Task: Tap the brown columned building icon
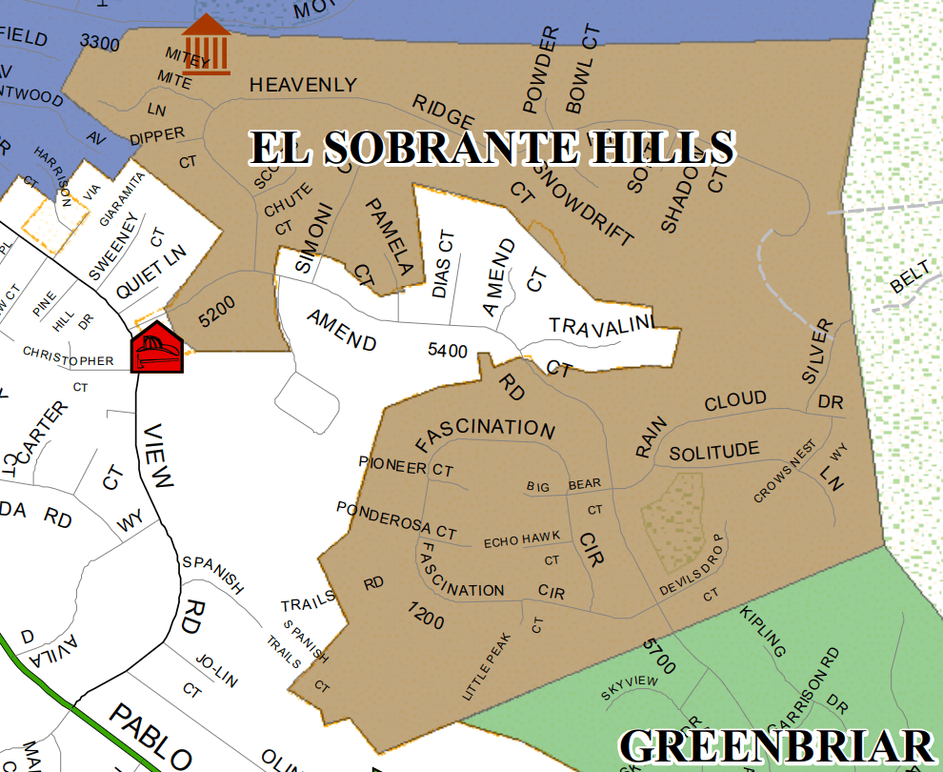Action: pyautogui.click(x=207, y=44)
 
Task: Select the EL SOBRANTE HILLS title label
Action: pyautogui.click(x=492, y=148)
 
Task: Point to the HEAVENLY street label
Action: pyautogui.click(x=303, y=86)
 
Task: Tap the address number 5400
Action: pyautogui.click(x=448, y=351)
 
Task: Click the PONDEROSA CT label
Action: pyautogui.click(x=396, y=519)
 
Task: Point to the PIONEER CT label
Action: pyautogui.click(x=406, y=467)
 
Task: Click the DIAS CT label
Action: pyautogui.click(x=443, y=263)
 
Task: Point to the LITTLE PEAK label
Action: pyautogui.click(x=487, y=673)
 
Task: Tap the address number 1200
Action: pyautogui.click(x=426, y=616)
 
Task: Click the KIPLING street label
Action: pyautogui.click(x=764, y=631)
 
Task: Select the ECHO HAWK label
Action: pyautogui.click(x=514, y=541)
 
